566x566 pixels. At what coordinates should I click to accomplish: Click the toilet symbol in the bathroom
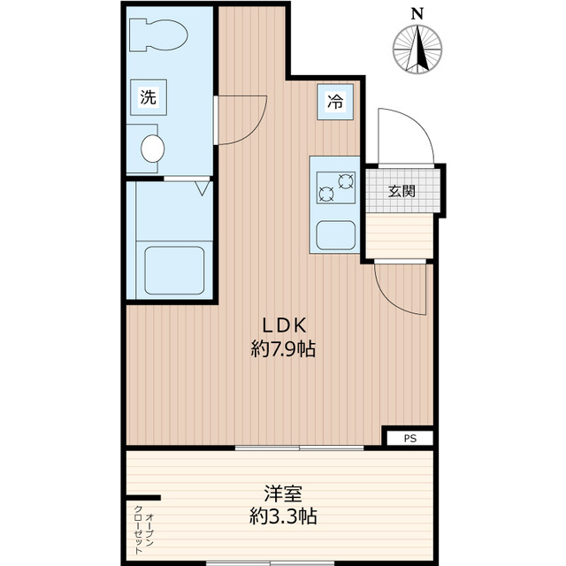(x=158, y=35)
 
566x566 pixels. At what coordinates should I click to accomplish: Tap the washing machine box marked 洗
(x=149, y=97)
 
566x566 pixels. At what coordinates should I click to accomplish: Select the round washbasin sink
(x=153, y=149)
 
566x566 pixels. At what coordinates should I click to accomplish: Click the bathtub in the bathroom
(x=174, y=270)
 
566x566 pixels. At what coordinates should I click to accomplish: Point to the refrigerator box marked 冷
(x=335, y=102)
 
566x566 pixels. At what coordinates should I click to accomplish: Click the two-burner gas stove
(x=336, y=187)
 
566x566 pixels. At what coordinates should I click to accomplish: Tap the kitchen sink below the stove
(x=336, y=235)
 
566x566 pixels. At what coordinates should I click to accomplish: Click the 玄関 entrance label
(x=402, y=191)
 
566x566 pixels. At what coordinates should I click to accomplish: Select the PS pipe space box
(x=410, y=439)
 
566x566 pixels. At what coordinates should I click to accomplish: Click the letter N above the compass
(x=417, y=14)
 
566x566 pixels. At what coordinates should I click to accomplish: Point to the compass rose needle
(x=417, y=49)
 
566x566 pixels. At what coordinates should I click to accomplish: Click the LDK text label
(x=284, y=325)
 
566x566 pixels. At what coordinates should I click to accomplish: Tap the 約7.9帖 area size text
(x=283, y=349)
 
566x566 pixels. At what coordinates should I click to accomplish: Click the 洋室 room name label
(x=283, y=493)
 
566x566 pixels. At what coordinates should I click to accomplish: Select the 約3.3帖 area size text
(x=283, y=516)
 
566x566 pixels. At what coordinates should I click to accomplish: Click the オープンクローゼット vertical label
(x=143, y=530)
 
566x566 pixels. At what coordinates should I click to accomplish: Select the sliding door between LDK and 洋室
(x=299, y=448)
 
